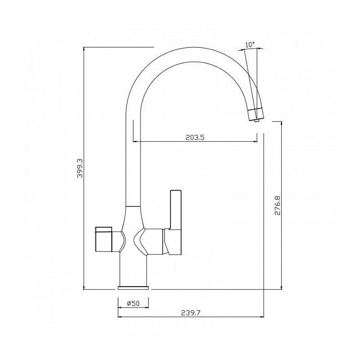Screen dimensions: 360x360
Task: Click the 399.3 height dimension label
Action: point(80,168)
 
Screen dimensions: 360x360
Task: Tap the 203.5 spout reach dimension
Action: point(195,137)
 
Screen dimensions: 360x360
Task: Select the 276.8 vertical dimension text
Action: point(277,205)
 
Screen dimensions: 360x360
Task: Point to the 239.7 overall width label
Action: point(190,313)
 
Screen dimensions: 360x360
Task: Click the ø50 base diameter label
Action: point(133,303)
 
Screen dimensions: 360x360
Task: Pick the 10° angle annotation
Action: point(250,45)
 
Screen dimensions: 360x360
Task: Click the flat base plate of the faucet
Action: point(133,288)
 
